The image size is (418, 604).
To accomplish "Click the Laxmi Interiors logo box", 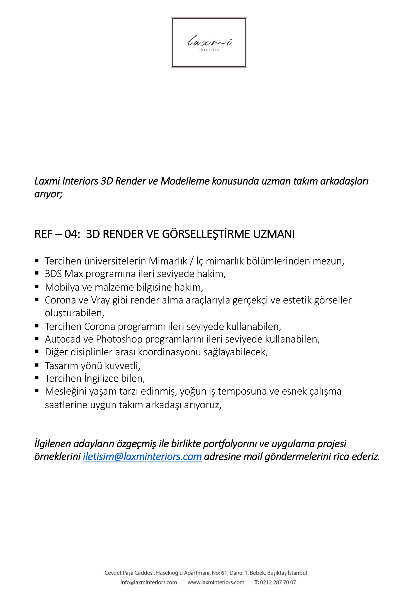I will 209,42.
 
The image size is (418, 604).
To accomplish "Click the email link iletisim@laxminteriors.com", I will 142,457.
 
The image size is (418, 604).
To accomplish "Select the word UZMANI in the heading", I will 274,234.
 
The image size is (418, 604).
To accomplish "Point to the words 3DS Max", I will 64,274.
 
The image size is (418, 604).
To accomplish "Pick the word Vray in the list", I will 100,300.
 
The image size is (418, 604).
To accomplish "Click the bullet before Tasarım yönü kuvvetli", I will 37,365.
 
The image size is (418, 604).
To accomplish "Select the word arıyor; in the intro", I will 48,194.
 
